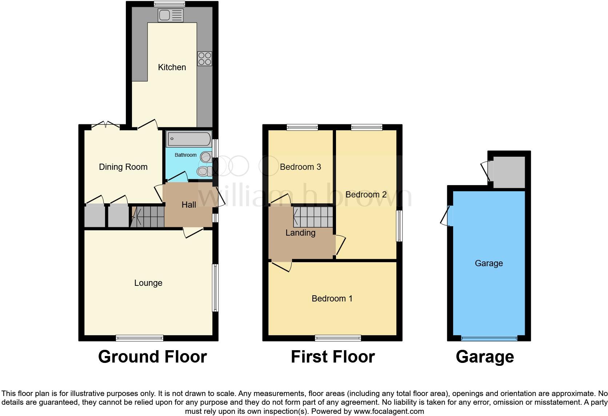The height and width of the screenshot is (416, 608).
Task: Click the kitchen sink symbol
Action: (x=171, y=16)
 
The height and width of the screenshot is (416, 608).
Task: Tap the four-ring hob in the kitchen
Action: (x=205, y=59)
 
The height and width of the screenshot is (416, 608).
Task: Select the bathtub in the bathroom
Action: (x=188, y=139)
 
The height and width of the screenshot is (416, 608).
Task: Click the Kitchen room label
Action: (x=172, y=67)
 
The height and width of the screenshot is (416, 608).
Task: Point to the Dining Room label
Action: (x=123, y=167)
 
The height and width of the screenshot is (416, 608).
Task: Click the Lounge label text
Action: (x=148, y=283)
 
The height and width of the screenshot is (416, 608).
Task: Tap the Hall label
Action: (x=189, y=205)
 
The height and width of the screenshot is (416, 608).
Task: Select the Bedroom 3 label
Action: (x=300, y=167)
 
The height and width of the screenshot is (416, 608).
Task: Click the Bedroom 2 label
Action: (x=366, y=195)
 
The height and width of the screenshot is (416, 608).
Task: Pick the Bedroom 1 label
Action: (x=332, y=299)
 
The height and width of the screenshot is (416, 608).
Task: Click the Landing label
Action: (x=300, y=233)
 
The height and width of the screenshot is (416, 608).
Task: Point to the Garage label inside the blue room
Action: (x=489, y=263)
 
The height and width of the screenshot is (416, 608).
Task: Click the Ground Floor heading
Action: (x=152, y=357)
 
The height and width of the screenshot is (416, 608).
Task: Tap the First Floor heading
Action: (x=333, y=357)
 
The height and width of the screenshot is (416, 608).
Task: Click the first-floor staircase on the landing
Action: (x=313, y=217)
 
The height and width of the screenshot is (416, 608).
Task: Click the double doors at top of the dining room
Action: (x=105, y=126)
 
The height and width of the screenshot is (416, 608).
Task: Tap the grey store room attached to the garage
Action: (x=509, y=172)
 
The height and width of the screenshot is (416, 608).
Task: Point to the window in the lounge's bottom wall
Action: (x=140, y=338)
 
